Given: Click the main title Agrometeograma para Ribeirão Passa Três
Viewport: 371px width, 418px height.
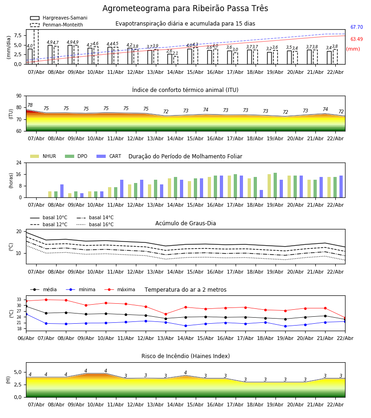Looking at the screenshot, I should point(185,9).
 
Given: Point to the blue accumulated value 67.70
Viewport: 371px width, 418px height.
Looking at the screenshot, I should point(357,27).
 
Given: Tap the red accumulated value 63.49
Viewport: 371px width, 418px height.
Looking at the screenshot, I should point(357,39).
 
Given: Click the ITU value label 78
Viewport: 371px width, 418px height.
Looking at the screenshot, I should point(30,105).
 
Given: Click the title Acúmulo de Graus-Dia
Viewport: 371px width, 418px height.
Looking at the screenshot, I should point(185,223).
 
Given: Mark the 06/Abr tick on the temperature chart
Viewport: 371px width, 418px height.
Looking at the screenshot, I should point(26,338).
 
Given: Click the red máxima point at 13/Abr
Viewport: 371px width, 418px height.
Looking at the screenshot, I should point(166,314).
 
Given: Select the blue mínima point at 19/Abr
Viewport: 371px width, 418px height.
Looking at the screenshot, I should point(285,326).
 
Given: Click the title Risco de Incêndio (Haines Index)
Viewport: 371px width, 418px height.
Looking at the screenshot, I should point(185,356).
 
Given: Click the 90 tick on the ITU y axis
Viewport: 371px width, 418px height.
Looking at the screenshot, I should point(19,96).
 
